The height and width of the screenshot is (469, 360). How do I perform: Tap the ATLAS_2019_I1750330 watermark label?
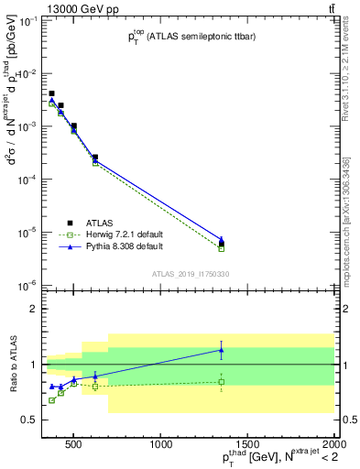pyautogui.click(x=191, y=274)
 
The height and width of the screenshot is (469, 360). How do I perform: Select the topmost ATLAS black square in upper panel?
pyautogui.click(x=52, y=93)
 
